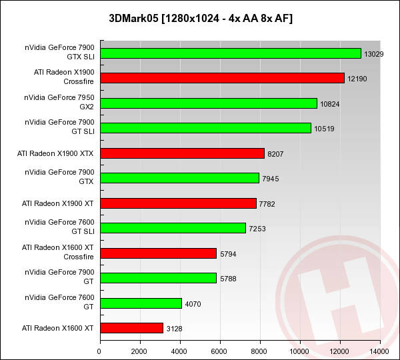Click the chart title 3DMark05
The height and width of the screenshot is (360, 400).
(x=200, y=18)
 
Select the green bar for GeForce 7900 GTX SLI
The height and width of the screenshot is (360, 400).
(x=230, y=53)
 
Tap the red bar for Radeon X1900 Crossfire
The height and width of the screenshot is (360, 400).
(x=222, y=78)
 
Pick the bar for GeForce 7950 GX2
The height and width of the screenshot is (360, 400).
(x=208, y=103)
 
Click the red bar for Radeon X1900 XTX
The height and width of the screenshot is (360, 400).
(x=182, y=153)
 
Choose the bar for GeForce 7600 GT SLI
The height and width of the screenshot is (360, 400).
(x=173, y=228)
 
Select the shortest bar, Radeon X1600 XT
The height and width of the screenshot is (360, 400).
(x=131, y=328)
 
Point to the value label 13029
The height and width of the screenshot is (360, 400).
(x=374, y=53)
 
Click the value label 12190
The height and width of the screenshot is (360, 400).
(x=357, y=79)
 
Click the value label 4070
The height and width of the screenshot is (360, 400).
(x=194, y=303)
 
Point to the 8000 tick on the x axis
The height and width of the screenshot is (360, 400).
(x=260, y=351)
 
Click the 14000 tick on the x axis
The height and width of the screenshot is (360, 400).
(x=380, y=351)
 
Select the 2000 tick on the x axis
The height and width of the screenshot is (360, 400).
(x=140, y=351)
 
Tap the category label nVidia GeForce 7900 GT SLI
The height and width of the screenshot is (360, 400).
(x=59, y=128)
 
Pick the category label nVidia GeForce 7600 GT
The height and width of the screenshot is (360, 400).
(x=59, y=303)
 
